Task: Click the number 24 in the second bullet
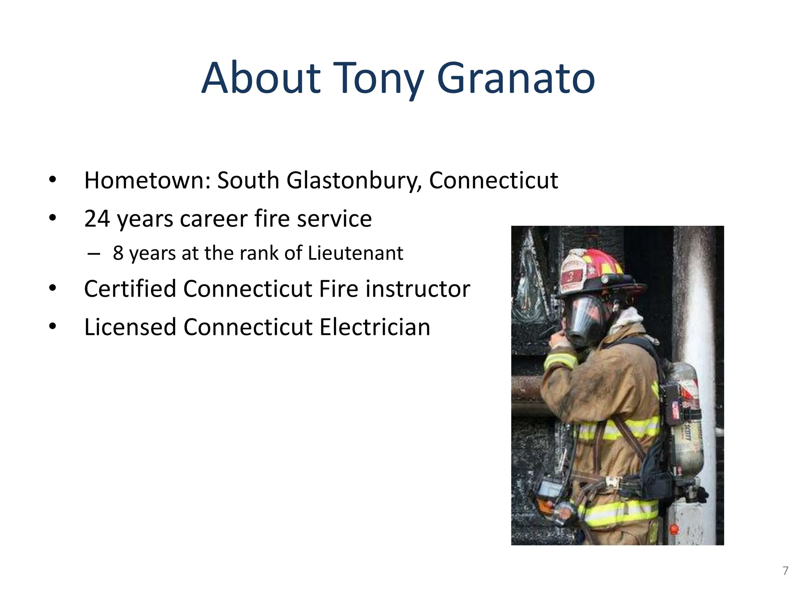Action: (x=97, y=219)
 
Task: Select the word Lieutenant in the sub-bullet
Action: (x=355, y=253)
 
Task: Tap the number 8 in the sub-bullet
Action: (x=118, y=253)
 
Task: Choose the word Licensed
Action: (x=130, y=327)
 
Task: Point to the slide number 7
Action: (x=785, y=571)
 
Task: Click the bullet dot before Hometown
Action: (x=53, y=180)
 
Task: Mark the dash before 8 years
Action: (x=93, y=254)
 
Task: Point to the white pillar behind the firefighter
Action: (x=700, y=311)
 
